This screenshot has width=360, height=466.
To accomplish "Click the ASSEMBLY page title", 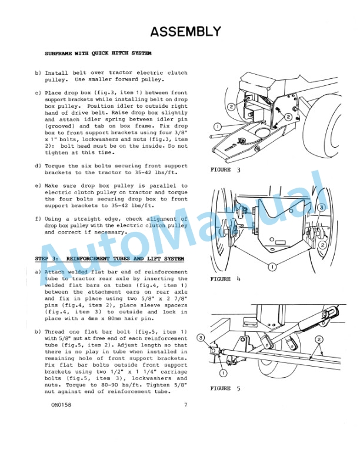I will coord(185,31).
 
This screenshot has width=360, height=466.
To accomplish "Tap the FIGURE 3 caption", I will coord(225,169).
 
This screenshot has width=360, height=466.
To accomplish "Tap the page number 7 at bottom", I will coord(185,405).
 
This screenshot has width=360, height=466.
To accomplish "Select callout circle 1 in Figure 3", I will coord(217,127).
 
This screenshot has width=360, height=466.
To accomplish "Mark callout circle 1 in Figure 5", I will coord(224,372).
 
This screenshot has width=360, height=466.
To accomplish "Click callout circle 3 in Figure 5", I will coord(201,338).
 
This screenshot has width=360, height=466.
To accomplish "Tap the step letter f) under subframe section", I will coord(38,219).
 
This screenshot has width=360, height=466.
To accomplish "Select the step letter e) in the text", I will coord(38,186).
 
